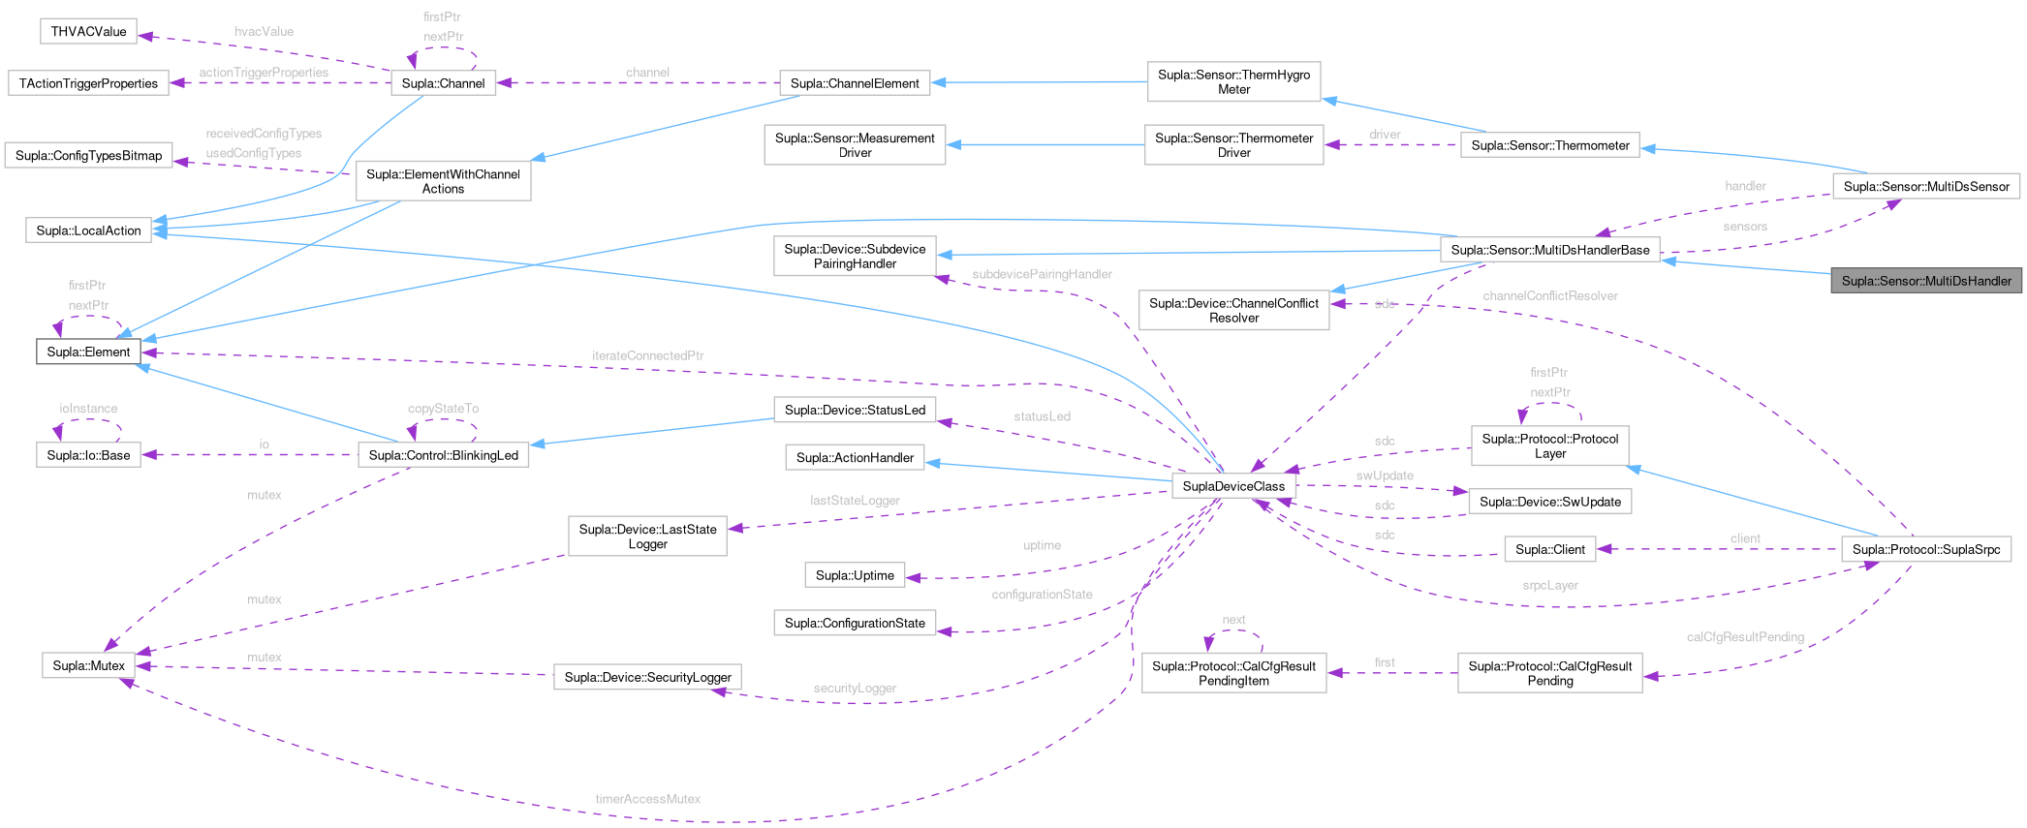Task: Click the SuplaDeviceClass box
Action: pyautogui.click(x=1233, y=486)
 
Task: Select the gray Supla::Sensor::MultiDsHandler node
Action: pyautogui.click(x=1926, y=281)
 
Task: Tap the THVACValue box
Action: pyautogui.click(x=88, y=31)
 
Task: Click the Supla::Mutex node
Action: pyautogui.click(x=88, y=665)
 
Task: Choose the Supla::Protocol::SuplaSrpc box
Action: pyautogui.click(x=1925, y=549)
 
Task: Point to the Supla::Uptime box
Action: pyautogui.click(x=855, y=575)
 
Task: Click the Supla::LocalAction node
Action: pyautogui.click(x=88, y=230)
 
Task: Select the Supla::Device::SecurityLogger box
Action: pyautogui.click(x=647, y=677)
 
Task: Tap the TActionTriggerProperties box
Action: pyautogui.click(x=88, y=83)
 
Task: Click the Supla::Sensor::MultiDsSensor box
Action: pyautogui.click(x=1926, y=186)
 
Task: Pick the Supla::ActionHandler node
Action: pyautogui.click(x=855, y=457)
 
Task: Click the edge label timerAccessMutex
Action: pyautogui.click(x=647, y=799)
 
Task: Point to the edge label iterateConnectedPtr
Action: pyautogui.click(x=647, y=355)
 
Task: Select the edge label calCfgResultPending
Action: pyautogui.click(x=1745, y=637)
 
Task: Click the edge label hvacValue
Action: pyautogui.click(x=264, y=31)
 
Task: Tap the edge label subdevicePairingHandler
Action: pyautogui.click(x=1042, y=274)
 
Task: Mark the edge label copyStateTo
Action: pyautogui.click(x=443, y=409)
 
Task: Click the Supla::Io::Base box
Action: pyautogui.click(x=88, y=455)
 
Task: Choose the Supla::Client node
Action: pyautogui.click(x=1549, y=549)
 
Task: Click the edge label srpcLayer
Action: pyautogui.click(x=1549, y=585)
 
